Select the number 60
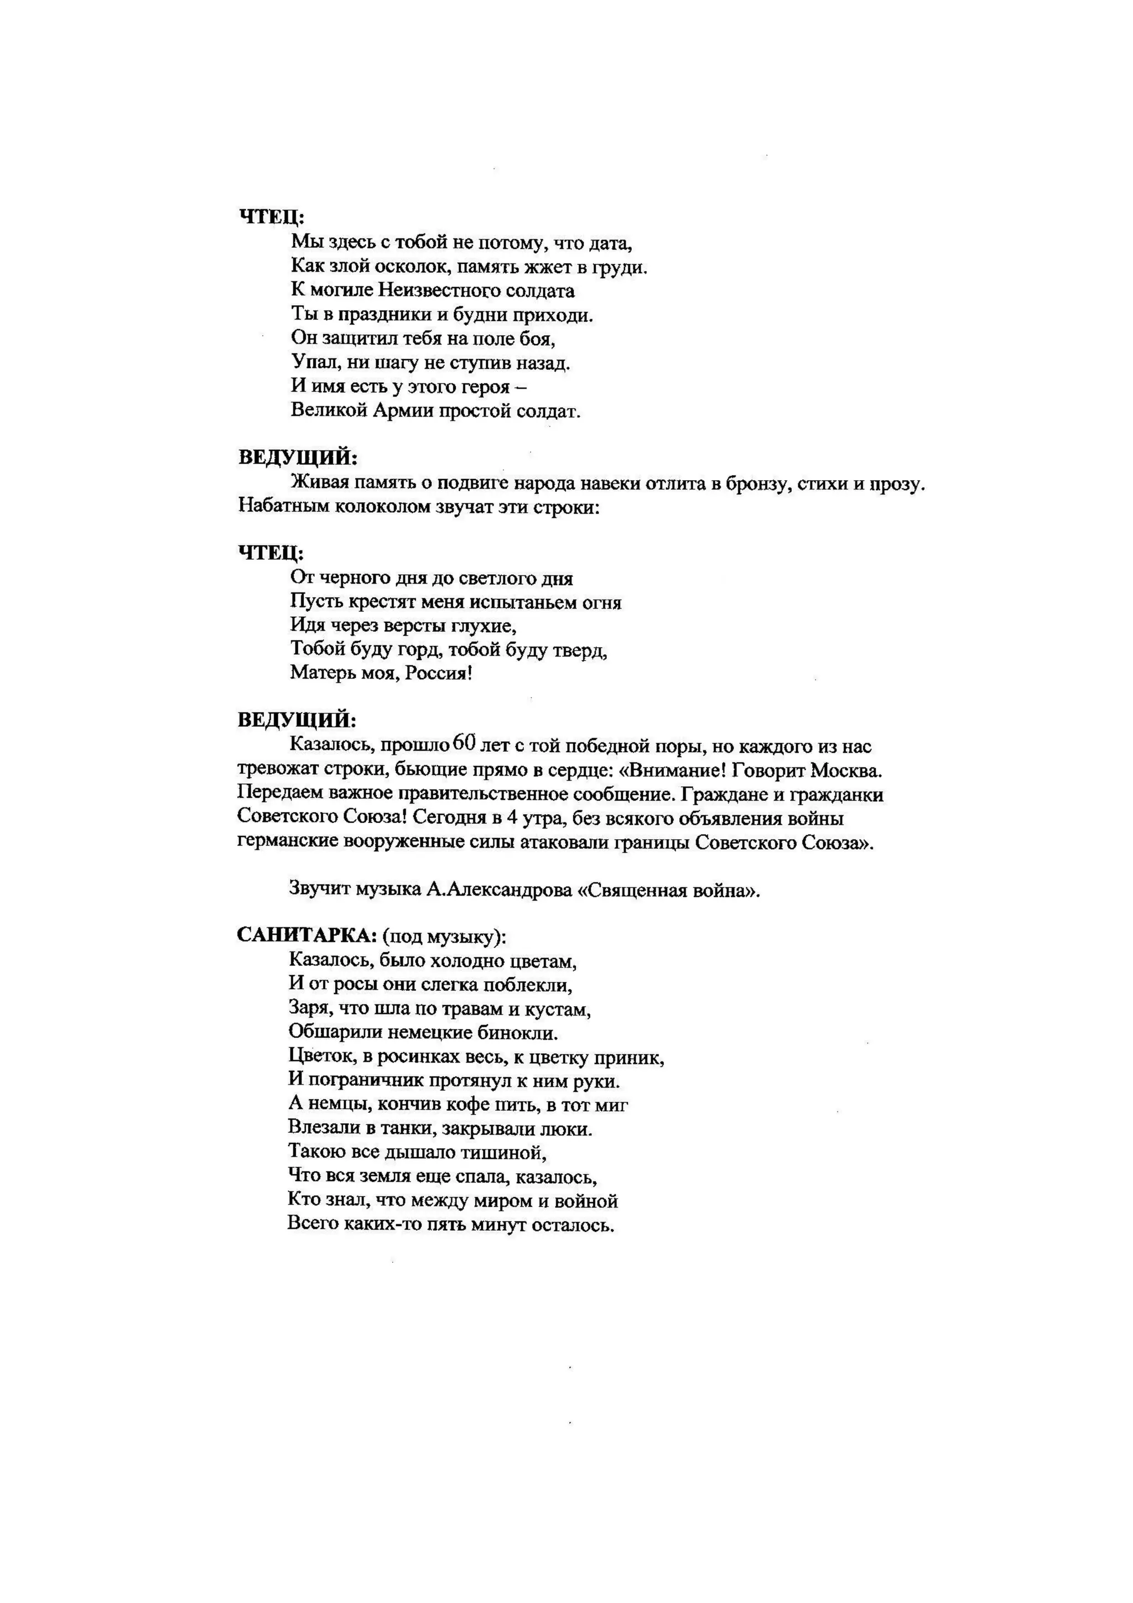tap(464, 743)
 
